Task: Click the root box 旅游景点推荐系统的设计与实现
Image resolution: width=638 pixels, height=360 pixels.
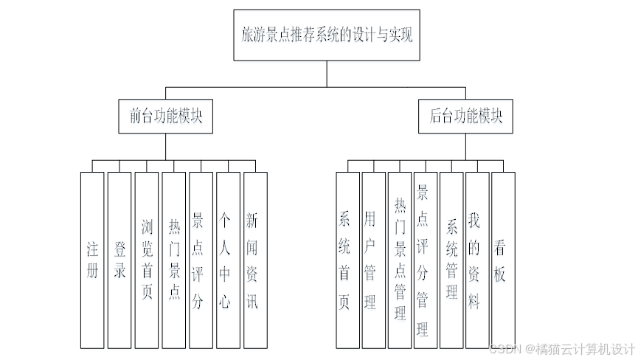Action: tap(327, 35)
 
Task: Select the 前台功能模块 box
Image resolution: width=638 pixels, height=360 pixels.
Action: tap(165, 117)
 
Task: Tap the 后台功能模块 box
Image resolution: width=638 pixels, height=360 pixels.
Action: tap(465, 117)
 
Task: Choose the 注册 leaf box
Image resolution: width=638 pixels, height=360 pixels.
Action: tap(92, 260)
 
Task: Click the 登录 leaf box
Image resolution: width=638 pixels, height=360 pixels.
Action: tap(119, 260)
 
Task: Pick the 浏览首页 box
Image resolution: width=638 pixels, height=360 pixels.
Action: tap(147, 260)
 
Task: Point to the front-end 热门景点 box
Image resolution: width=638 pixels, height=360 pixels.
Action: tap(174, 260)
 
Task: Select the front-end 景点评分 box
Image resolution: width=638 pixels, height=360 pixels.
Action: tap(201, 260)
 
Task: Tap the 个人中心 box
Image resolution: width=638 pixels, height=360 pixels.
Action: tap(228, 260)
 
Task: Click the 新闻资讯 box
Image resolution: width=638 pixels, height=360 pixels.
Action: tap(254, 260)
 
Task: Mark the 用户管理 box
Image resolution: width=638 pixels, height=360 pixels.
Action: tap(373, 260)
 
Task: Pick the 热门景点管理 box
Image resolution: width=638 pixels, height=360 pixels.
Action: tap(400, 260)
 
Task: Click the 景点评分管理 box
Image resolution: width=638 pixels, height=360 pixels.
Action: tap(426, 260)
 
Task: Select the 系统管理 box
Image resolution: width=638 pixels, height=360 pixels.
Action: tap(451, 260)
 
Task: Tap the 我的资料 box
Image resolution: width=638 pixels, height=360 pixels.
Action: tap(477, 260)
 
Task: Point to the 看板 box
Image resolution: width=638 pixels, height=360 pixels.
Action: tap(503, 260)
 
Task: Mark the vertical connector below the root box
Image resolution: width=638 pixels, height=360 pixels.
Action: tap(327, 74)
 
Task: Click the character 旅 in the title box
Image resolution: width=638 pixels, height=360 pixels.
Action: tap(248, 35)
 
